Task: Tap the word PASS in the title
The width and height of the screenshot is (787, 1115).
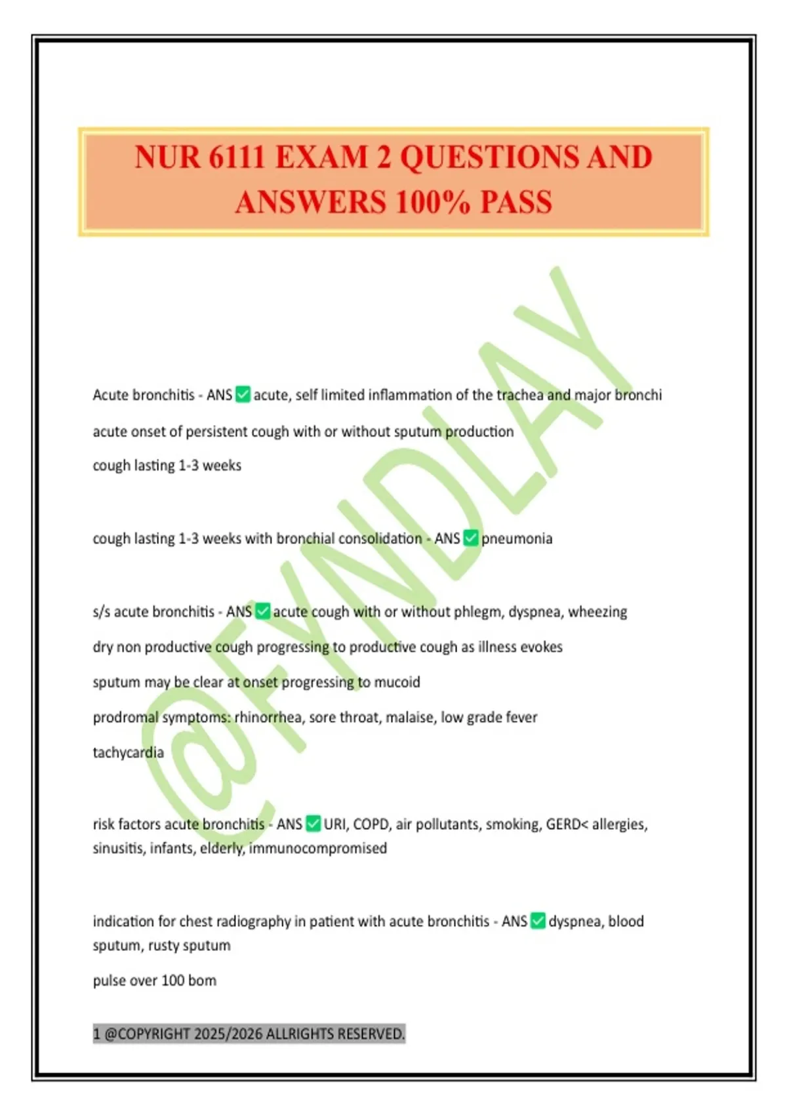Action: coord(516,202)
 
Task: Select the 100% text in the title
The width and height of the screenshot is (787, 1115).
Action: coord(433,202)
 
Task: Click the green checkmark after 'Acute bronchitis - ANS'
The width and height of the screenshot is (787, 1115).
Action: coord(243,395)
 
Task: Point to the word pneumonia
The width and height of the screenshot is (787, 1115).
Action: coord(517,539)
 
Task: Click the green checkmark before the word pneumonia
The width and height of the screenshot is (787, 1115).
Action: coord(471,538)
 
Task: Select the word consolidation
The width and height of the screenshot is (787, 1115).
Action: coord(380,538)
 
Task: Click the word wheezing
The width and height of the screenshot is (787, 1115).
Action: coord(597,612)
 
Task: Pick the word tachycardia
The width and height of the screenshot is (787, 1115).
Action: coord(128,752)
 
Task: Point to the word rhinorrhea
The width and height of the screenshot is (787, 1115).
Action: coord(268,718)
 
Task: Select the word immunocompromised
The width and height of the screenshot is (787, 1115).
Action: coord(318,848)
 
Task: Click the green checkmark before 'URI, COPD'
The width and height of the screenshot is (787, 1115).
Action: coord(313,824)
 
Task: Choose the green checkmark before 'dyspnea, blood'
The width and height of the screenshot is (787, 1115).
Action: coord(538,921)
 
